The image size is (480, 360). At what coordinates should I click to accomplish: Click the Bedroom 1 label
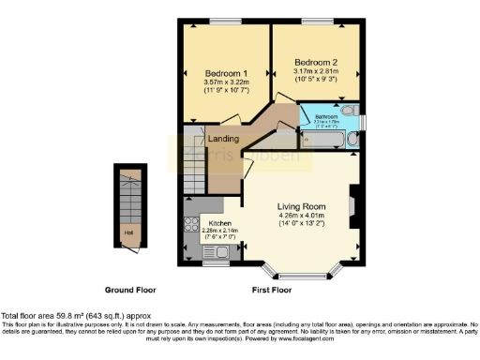pos(224,73)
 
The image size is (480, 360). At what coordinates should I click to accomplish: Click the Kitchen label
pos(206,223)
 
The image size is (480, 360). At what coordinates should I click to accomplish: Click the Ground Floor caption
pos(131,290)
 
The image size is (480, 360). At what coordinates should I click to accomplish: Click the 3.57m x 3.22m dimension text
pos(224,82)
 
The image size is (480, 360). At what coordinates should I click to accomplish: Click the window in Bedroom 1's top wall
pos(226,20)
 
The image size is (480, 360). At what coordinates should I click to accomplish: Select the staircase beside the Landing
pos(193,172)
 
